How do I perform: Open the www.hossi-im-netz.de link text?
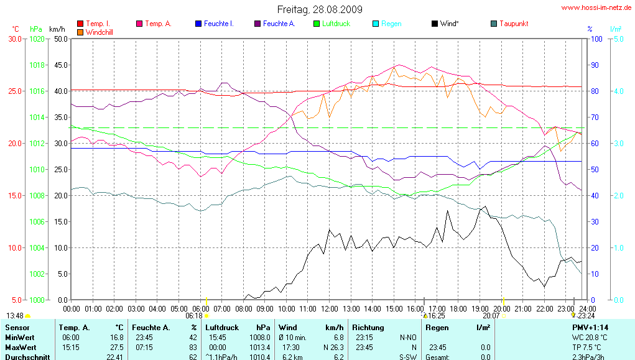[596, 8]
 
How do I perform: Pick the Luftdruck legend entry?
[336, 24]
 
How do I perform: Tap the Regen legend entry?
[391, 24]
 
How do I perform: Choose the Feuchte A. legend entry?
[279, 24]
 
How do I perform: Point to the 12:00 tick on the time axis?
[330, 308]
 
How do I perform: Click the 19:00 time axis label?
[480, 308]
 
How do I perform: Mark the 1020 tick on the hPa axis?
[37, 39]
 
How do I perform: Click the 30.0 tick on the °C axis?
[16, 39]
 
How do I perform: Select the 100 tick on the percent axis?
[595, 39]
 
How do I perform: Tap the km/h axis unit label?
[57, 29]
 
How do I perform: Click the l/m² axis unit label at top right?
[616, 29]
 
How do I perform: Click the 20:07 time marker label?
[492, 316]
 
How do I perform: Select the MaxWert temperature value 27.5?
[116, 347]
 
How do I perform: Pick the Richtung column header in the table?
[367, 327]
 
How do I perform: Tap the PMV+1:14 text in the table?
[590, 327]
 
